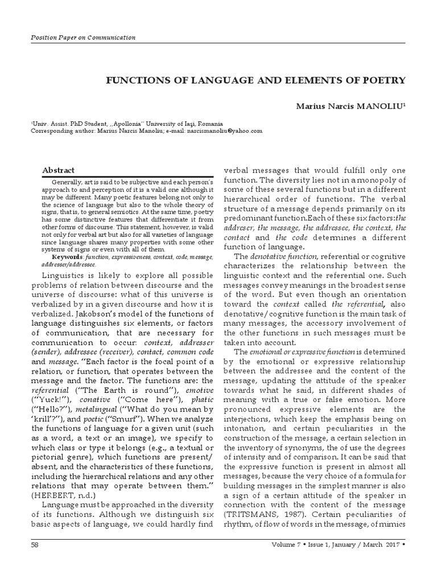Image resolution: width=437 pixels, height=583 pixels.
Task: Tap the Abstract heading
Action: point(59,170)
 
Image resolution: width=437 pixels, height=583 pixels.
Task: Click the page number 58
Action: point(35,561)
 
